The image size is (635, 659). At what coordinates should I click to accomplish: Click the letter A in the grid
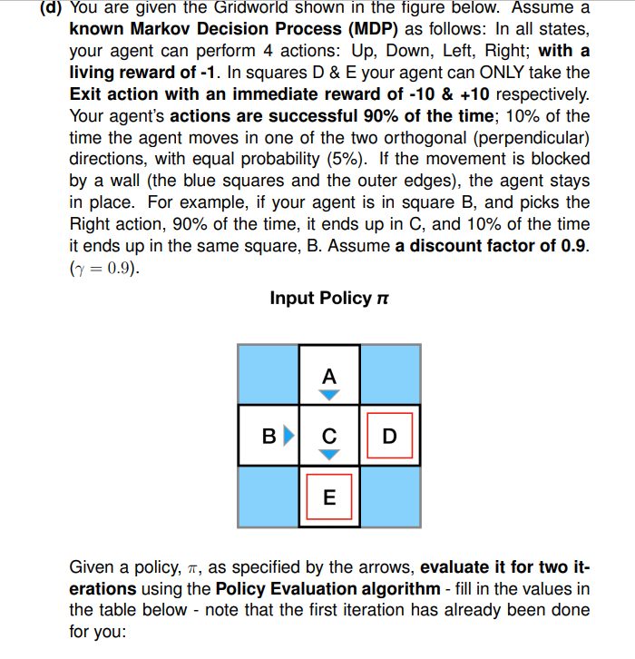328,375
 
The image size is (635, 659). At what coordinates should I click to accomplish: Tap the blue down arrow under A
329,394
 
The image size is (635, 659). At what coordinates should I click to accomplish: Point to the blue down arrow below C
329,453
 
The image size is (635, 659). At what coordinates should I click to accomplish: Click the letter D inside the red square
390,436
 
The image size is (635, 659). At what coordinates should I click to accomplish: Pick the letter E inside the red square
328,497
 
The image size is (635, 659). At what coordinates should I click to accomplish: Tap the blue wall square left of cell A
268,374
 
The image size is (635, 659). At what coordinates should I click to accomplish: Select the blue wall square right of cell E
390,496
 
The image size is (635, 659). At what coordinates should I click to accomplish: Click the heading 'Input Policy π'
321,298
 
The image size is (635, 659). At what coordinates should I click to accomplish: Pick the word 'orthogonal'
424,137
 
